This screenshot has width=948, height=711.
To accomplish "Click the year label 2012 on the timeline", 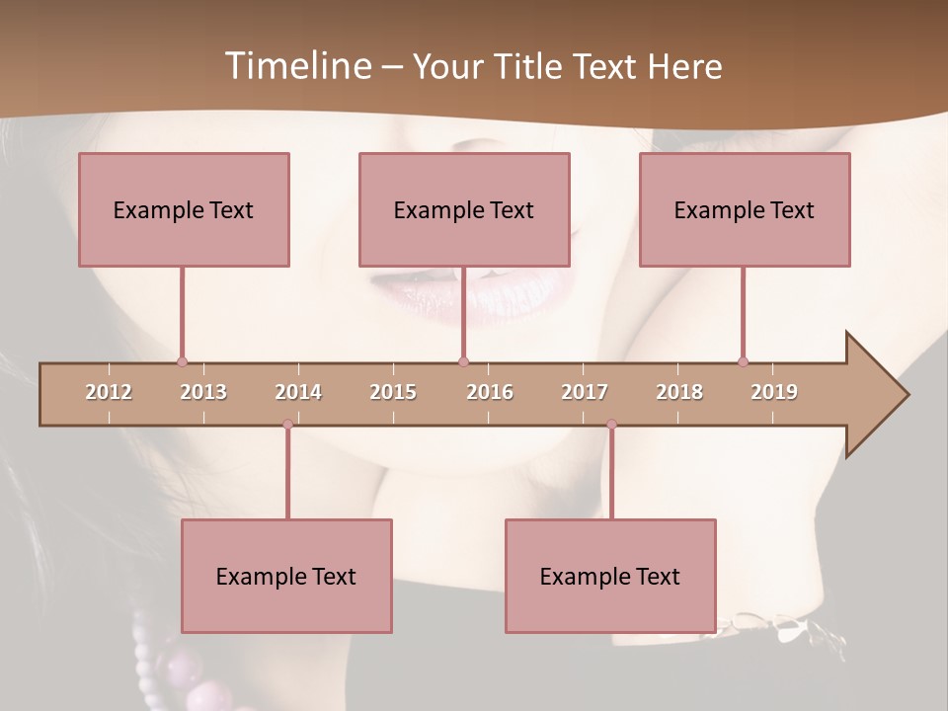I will click(109, 392).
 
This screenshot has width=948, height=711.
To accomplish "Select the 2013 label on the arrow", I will click(203, 392).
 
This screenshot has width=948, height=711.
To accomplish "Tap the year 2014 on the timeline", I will click(298, 392).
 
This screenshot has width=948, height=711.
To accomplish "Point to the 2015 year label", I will click(393, 392).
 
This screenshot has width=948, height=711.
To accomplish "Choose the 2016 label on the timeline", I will click(490, 392).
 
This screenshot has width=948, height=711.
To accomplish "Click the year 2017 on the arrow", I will click(585, 392).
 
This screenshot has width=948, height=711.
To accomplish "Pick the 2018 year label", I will click(679, 392).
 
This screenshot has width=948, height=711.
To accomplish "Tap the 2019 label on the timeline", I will click(774, 392).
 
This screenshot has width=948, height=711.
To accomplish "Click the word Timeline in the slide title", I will click(296, 66).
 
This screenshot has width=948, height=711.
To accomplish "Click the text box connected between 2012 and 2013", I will click(184, 209).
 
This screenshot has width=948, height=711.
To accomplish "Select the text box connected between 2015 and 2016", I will click(464, 209).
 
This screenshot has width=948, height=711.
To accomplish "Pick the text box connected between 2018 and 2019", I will click(745, 209).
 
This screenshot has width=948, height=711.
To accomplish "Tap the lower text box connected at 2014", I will click(286, 576).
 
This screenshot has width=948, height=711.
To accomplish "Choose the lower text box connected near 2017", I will click(610, 576).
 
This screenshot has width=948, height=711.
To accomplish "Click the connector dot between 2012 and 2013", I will click(182, 361).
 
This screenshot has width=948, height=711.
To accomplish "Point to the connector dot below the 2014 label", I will click(287, 424).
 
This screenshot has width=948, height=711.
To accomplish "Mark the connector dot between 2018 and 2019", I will click(743, 361).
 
